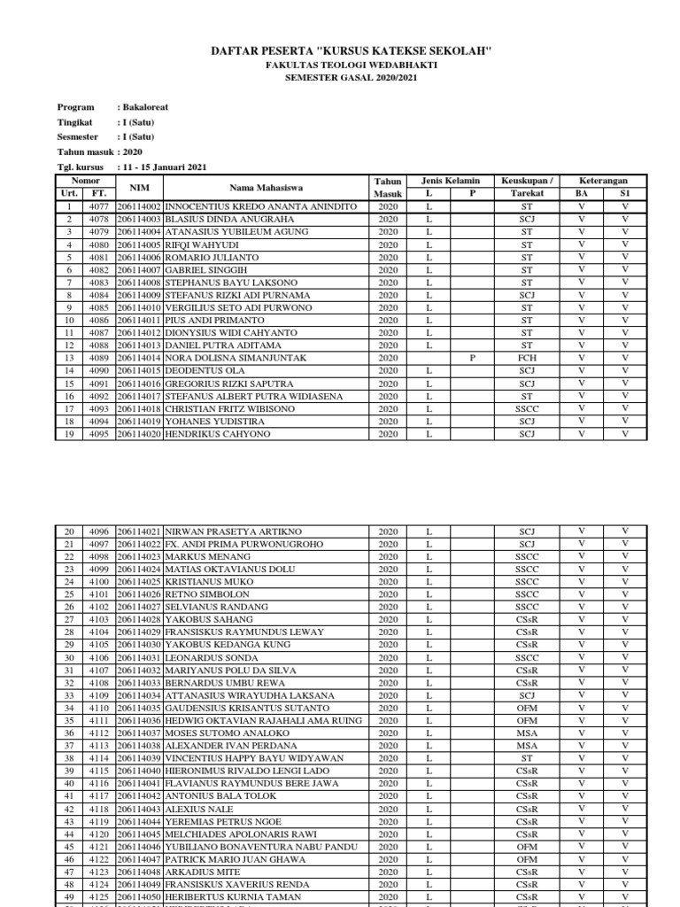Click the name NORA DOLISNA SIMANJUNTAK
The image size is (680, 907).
pyautogui.click(x=236, y=358)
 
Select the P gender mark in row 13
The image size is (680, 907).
pyautogui.click(x=473, y=358)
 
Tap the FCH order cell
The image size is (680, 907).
pyautogui.click(x=527, y=358)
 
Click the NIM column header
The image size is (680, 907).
pyautogui.click(x=140, y=187)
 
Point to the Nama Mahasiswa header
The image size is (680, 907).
pyautogui.click(x=267, y=187)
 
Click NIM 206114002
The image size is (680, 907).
pyautogui.click(x=140, y=206)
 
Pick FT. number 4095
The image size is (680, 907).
pyautogui.click(x=99, y=434)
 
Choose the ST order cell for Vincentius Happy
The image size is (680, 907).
pyautogui.click(x=527, y=759)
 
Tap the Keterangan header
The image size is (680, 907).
pyautogui.click(x=602, y=181)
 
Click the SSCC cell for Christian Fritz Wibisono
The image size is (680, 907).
pyautogui.click(x=527, y=409)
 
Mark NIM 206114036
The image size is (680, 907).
pyautogui.click(x=140, y=721)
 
